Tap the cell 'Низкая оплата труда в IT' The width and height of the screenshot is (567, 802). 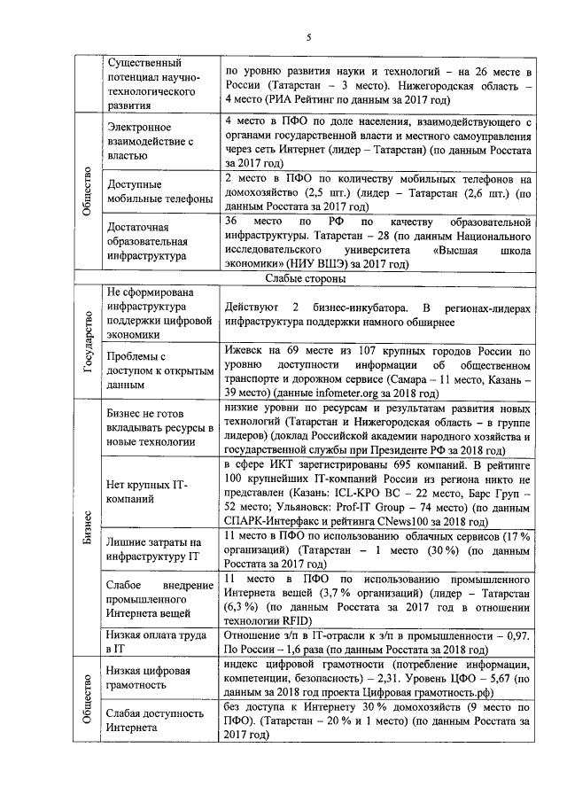159,618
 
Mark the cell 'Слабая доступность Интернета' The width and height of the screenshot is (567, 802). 159,719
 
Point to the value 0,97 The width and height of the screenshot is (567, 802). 519,611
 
